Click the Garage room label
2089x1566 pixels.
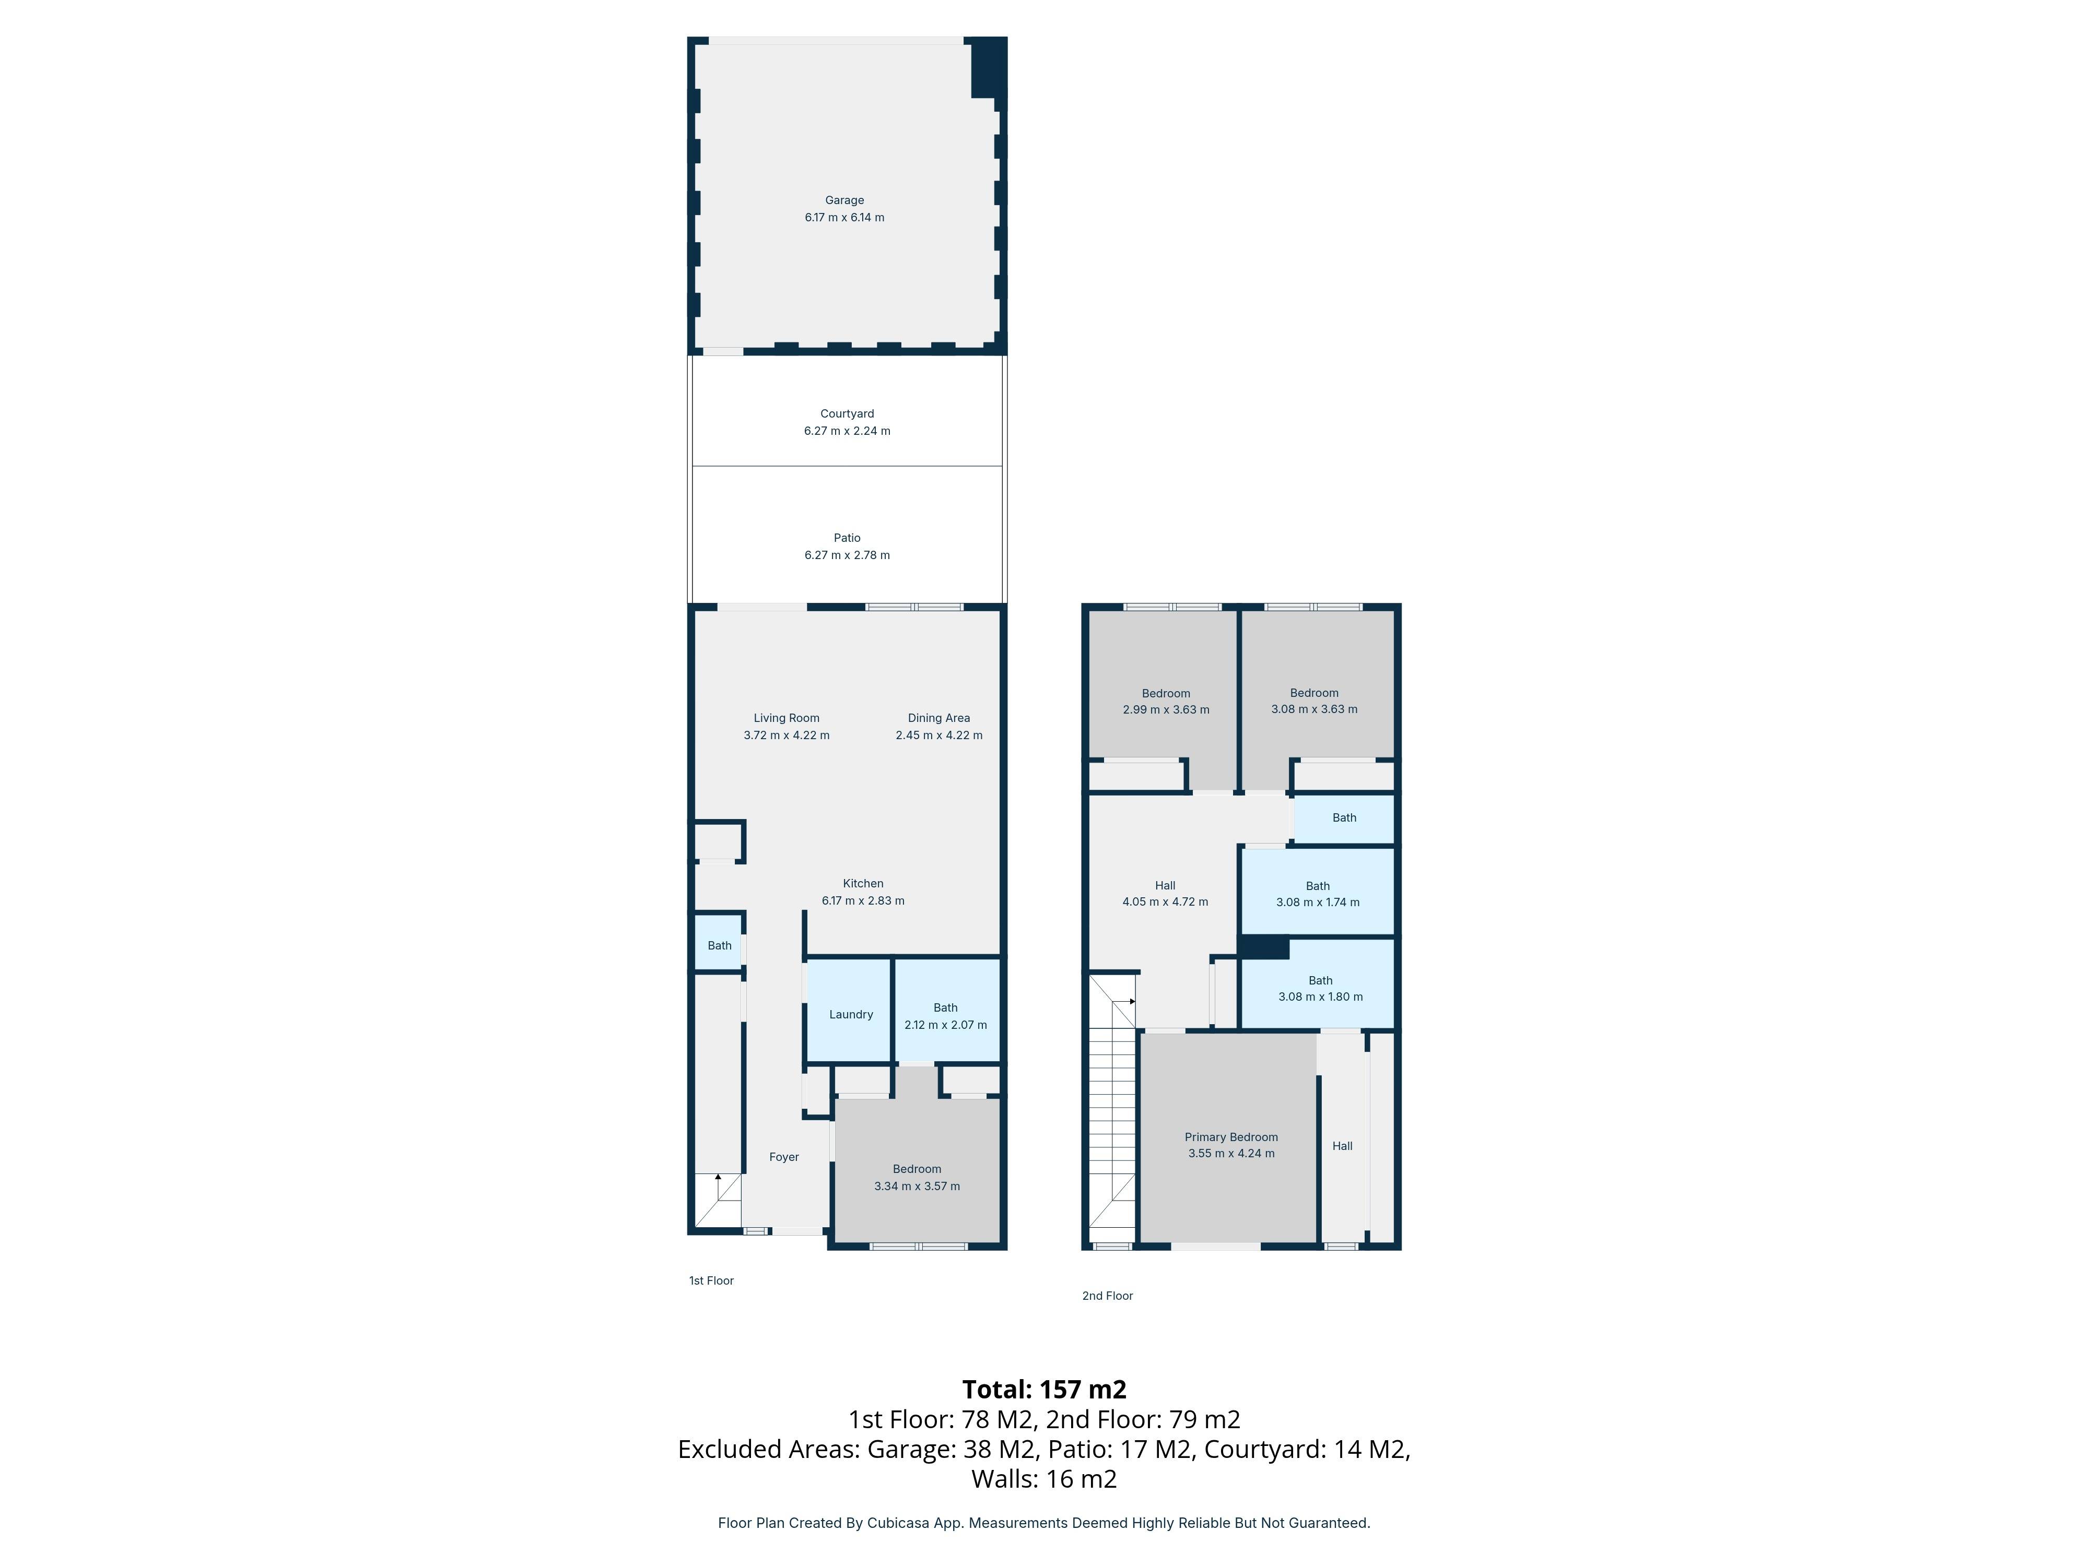pyautogui.click(x=844, y=200)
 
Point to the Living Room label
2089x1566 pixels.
pyautogui.click(x=786, y=718)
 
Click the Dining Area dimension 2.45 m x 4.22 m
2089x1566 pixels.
pyautogui.click(x=938, y=735)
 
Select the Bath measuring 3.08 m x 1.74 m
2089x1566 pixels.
pyautogui.click(x=1318, y=894)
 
